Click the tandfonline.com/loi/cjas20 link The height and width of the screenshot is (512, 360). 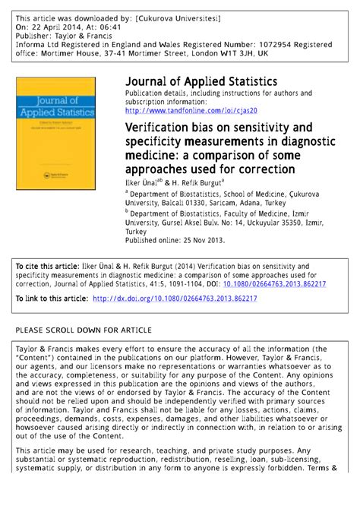tap(196, 109)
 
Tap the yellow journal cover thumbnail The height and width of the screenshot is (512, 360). tap(56, 133)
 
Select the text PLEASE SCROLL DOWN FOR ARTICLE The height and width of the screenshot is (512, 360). tap(84, 330)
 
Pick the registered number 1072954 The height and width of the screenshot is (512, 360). tap(267, 45)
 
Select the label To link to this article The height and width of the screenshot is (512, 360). tap(52, 299)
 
